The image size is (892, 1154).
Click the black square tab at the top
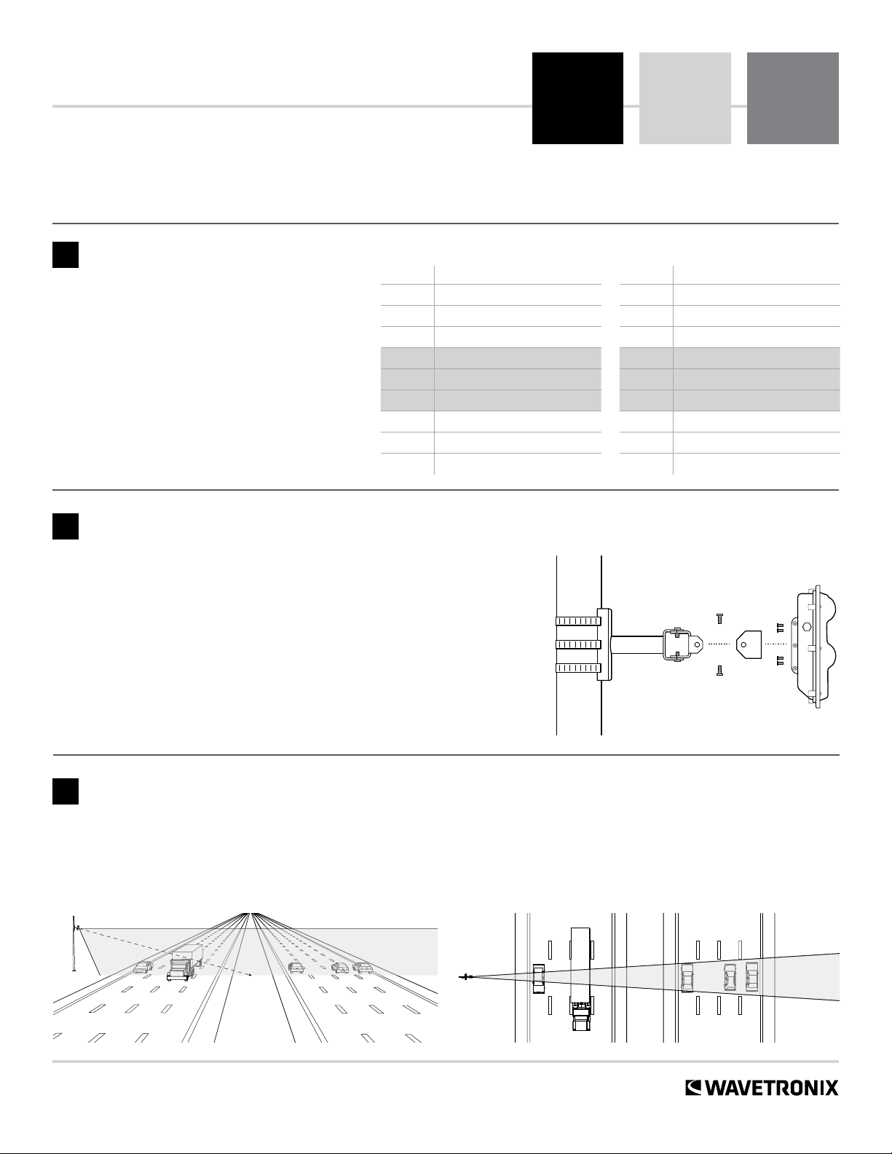pos(577,98)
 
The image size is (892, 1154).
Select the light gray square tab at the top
pos(684,98)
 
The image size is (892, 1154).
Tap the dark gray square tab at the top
pos(792,98)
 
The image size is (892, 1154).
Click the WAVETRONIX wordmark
pos(762,1088)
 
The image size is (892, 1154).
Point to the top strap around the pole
pos(578,621)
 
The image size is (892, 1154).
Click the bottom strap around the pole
pos(578,668)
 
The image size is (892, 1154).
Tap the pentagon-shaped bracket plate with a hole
pos(749,644)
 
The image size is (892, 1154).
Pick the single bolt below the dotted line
pos(719,671)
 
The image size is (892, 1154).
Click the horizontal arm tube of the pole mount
pos(636,644)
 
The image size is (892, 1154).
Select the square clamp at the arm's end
pos(678,644)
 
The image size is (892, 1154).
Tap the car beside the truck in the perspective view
pos(143,968)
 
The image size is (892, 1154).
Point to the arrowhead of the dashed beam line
pos(250,973)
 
